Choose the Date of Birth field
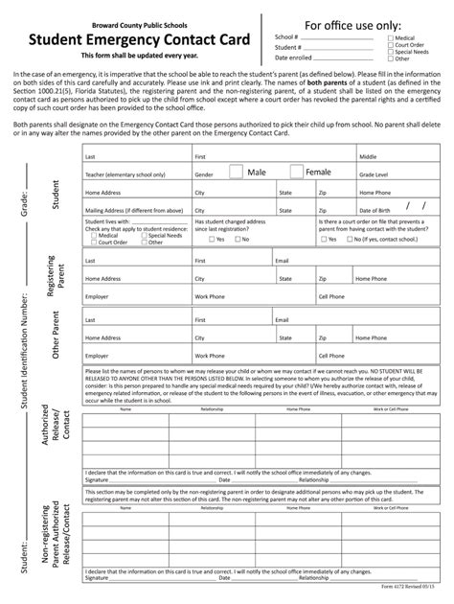[x=397, y=207]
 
